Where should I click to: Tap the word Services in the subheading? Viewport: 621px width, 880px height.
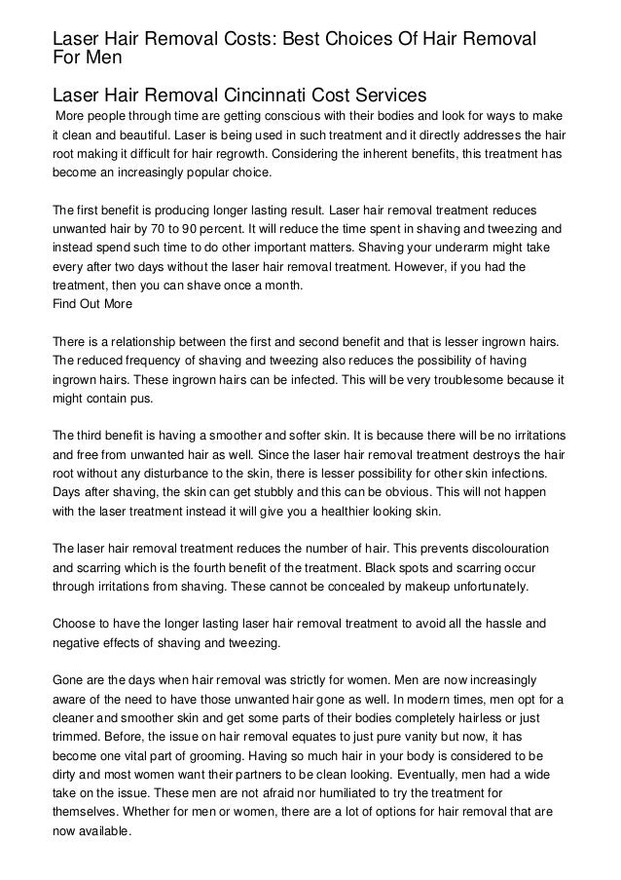pyautogui.click(x=391, y=96)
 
